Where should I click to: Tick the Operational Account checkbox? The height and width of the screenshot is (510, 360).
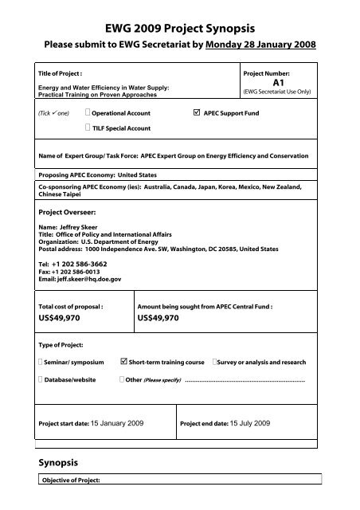click(x=88, y=114)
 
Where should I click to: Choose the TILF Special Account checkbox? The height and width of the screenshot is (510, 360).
click(x=88, y=128)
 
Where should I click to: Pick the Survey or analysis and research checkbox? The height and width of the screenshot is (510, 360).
click(x=215, y=363)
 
